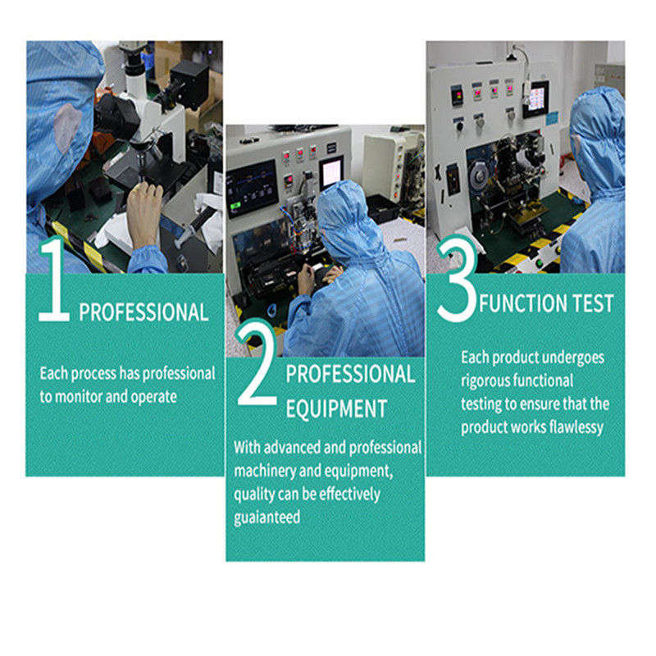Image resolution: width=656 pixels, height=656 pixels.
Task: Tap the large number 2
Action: pyautogui.click(x=257, y=363)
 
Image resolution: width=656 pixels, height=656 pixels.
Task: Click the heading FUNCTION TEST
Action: pyautogui.click(x=546, y=303)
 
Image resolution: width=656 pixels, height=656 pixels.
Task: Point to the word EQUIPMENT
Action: pyautogui.click(x=336, y=408)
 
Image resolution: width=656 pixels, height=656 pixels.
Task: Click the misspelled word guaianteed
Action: pyautogui.click(x=267, y=517)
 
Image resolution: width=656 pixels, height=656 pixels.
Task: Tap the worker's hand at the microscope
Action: pyautogui.click(x=144, y=213)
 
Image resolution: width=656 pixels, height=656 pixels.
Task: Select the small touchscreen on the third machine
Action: pyautogui.click(x=536, y=99)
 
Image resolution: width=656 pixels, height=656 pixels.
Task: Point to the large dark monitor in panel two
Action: pyautogui.click(x=253, y=189)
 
